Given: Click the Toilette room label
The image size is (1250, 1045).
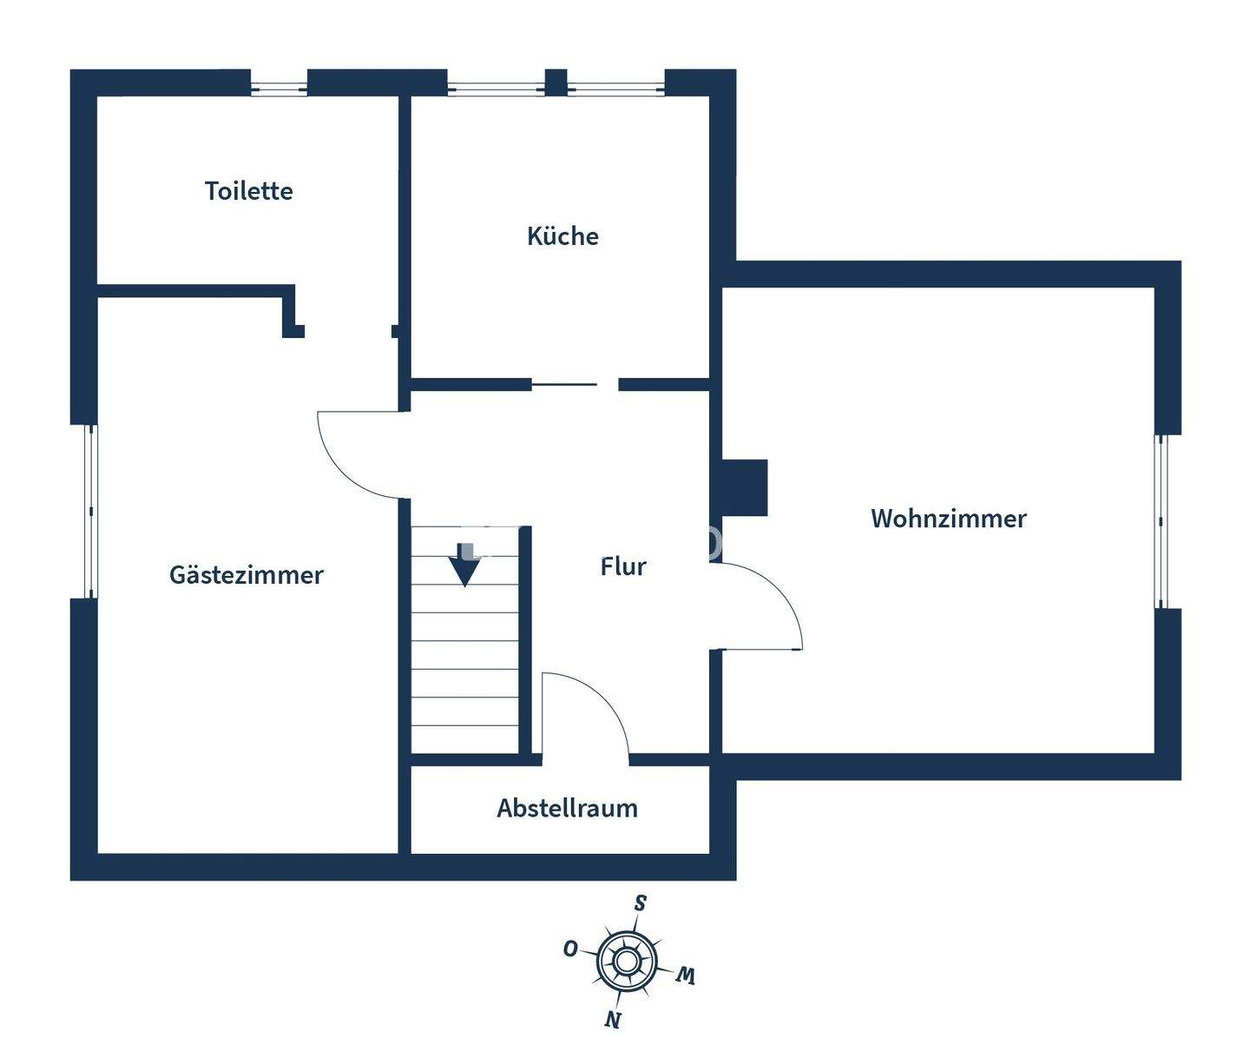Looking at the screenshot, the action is (248, 191).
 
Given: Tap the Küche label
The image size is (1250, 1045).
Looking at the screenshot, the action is (562, 236).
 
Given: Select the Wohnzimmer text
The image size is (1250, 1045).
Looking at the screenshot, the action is (948, 519).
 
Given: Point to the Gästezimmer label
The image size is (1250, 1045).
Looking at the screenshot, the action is (246, 575).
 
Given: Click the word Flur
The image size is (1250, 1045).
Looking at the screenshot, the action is (623, 566).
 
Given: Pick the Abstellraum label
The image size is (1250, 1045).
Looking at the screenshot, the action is (567, 809).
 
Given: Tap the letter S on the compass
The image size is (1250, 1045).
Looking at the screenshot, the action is (641, 903).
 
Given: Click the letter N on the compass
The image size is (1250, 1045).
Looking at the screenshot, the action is (613, 1020).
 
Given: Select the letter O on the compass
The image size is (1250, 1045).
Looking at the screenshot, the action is (570, 949).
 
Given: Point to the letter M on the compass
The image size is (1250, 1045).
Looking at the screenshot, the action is (686, 976).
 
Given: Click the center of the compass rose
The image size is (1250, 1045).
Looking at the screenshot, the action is (626, 961).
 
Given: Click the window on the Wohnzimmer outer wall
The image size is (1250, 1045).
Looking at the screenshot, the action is (1161, 520).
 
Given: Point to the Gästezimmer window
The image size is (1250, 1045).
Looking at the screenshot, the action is (89, 511).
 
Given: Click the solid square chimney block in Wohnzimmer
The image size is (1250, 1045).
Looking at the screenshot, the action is (745, 487).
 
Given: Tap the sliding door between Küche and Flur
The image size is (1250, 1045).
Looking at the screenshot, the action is (564, 384).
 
